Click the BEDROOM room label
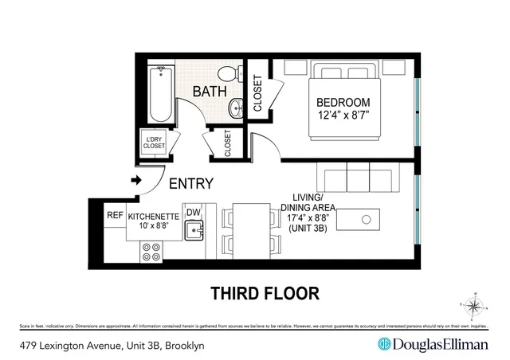pyautogui.click(x=343, y=103)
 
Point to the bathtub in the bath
pyautogui.click(x=161, y=91)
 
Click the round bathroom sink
pyautogui.click(x=237, y=108)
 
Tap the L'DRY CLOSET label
pyautogui.click(x=154, y=142)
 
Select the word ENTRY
pyautogui.click(x=191, y=184)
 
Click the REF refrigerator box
pyautogui.click(x=115, y=215)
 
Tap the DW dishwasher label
pyautogui.click(x=192, y=213)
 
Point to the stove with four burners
pyautogui.click(x=151, y=252)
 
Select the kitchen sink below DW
pyautogui.click(x=193, y=232)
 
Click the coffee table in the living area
pyautogui.click(x=368, y=218)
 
